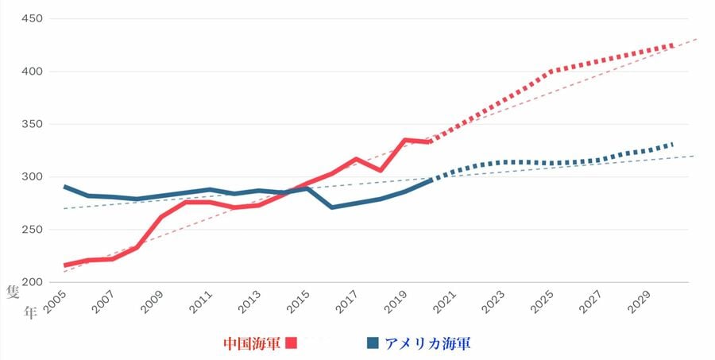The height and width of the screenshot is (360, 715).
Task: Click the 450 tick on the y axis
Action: pos(33,18)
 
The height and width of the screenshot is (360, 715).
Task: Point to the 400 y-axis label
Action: pos(33,72)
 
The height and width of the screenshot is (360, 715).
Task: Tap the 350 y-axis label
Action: pos(33,124)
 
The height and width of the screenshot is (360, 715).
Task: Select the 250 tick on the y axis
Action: pos(33,230)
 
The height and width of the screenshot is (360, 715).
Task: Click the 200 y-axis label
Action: pos(33,282)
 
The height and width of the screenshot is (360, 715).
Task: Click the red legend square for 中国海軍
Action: pos(291,343)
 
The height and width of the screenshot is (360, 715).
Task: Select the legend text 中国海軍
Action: pos(252,343)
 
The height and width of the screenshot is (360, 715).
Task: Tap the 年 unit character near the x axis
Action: pos(30,312)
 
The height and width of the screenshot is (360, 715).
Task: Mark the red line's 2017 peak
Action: pos(357,159)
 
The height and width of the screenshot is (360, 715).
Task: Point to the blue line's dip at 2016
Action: pos(331,207)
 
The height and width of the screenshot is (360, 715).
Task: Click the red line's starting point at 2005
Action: pos(64,265)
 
